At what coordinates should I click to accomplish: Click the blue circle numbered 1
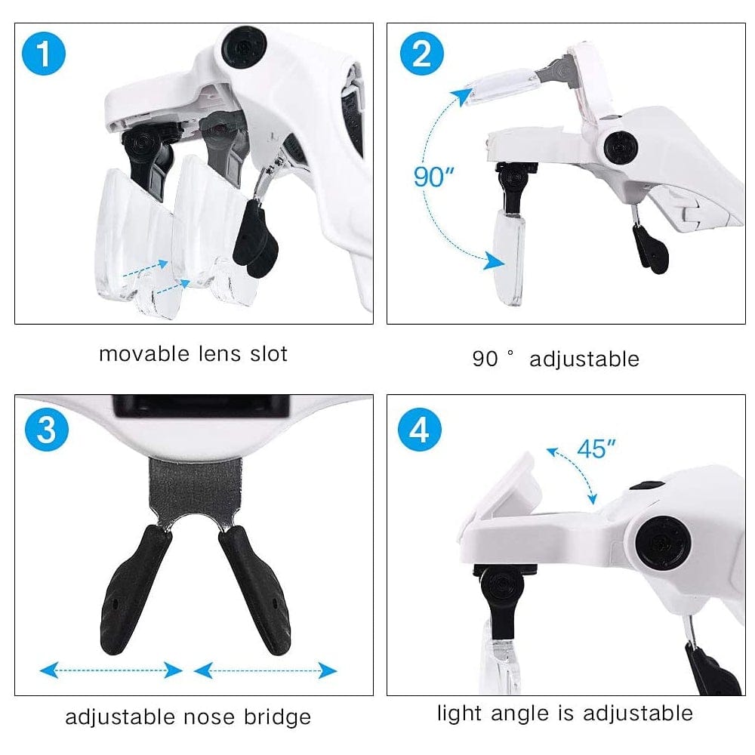point(44,54)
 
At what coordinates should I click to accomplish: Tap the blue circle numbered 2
point(422,54)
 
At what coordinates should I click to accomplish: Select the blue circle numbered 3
point(47,429)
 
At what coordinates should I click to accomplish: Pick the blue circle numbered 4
point(419,429)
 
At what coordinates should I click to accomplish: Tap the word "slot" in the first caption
point(269,354)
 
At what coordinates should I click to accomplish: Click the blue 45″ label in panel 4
point(596,448)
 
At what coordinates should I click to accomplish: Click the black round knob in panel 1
point(244,48)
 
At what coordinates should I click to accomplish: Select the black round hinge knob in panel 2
point(621,148)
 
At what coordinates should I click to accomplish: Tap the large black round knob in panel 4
point(664,541)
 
